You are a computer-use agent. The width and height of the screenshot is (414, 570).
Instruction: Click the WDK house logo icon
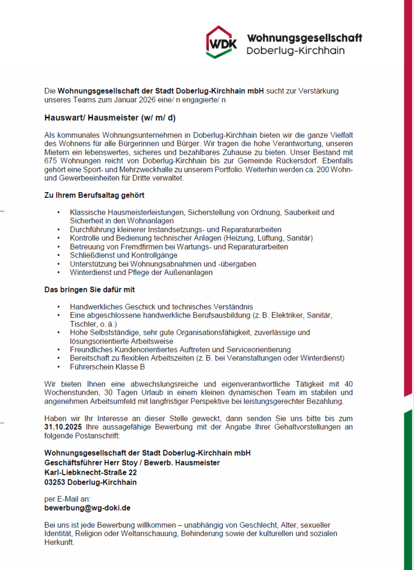(x=222, y=42)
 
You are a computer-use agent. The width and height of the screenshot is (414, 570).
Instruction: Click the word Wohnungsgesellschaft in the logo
(x=304, y=38)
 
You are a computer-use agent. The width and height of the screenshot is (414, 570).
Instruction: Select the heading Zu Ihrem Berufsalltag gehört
(x=94, y=195)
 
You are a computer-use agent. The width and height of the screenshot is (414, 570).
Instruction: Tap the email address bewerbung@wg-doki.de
(x=88, y=508)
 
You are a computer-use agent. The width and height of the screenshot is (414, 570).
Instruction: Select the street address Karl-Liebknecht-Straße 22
(x=91, y=472)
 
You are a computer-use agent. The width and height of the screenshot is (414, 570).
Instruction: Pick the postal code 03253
(x=55, y=482)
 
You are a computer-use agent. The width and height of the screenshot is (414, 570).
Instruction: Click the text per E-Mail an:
(x=68, y=498)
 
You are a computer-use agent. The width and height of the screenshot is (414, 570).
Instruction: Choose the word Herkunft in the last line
(x=59, y=543)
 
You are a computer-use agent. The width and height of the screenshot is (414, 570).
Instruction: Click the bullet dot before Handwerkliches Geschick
(x=58, y=307)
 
